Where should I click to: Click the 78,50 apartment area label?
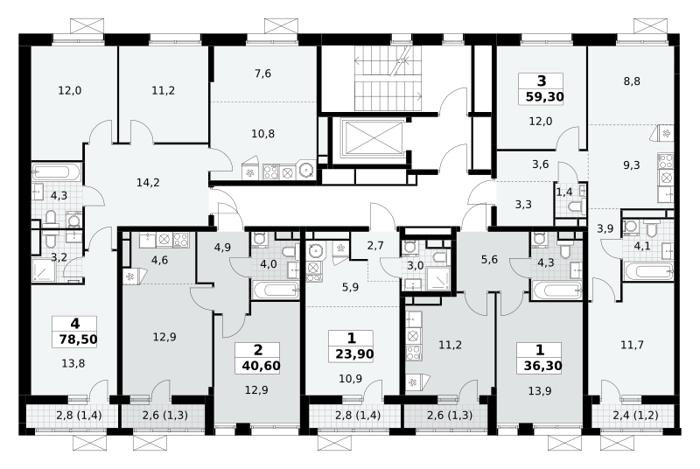[78, 339]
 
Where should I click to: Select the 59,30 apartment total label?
[544, 97]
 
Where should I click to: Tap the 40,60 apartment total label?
[261, 366]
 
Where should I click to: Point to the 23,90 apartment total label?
[354, 354]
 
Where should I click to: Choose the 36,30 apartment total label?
[542, 366]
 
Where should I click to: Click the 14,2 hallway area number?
[148, 183]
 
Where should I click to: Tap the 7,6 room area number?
[263, 73]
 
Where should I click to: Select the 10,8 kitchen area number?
[263, 133]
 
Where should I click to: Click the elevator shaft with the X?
[371, 139]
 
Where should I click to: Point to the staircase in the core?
[388, 79]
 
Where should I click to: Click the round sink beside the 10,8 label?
[306, 170]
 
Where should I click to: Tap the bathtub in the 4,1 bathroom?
[648, 271]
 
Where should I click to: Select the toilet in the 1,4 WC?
[576, 207]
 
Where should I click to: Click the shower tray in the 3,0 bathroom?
[439, 278]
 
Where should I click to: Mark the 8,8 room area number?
[632, 81]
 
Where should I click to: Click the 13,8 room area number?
[73, 364]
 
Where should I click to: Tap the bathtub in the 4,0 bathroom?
[276, 290]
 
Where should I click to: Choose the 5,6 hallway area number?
[489, 260]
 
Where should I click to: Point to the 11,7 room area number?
[632, 345]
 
